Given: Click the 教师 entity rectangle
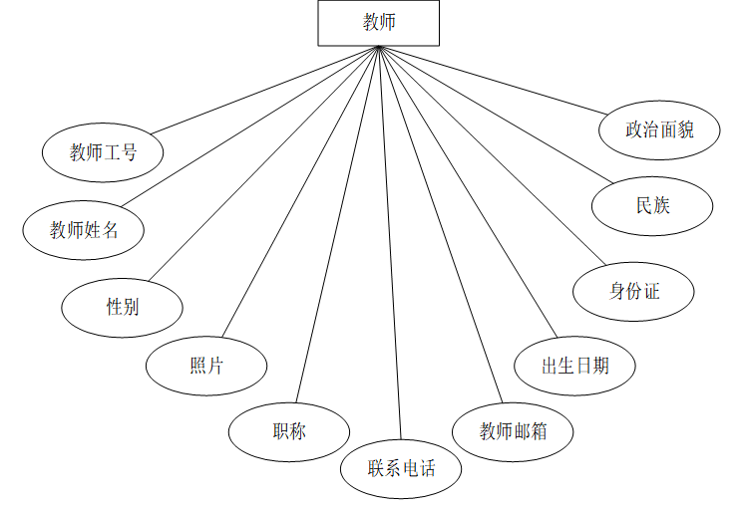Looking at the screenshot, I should point(379,23).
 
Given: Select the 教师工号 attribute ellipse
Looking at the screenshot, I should point(103,152).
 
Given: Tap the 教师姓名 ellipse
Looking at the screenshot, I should point(84,230).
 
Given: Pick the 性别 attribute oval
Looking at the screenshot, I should point(122,307).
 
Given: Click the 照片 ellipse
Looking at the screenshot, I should point(206,366).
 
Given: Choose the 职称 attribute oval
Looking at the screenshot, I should point(289,431).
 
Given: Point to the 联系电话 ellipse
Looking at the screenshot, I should point(401,467).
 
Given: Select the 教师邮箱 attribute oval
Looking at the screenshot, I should point(513,431).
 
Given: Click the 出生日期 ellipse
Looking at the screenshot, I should point(574,366).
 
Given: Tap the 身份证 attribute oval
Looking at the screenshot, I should point(634,291).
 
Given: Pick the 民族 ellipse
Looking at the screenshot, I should point(652,206).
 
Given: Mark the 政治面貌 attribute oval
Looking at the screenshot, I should point(659,129).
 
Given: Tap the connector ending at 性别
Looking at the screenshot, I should point(263,163).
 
